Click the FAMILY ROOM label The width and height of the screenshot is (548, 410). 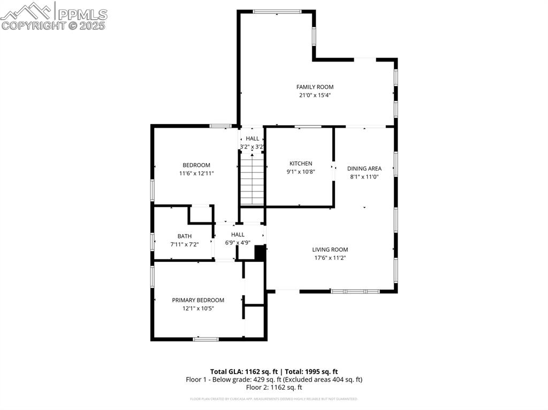tap(315, 87)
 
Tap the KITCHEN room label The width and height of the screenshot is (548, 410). tap(301, 164)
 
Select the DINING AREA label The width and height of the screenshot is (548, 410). tap(364, 168)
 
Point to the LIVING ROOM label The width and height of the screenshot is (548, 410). tap(330, 250)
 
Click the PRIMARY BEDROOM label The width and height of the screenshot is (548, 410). tap(198, 300)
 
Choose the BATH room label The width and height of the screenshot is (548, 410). tap(185, 236)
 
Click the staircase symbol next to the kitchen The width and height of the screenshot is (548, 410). tap(252, 179)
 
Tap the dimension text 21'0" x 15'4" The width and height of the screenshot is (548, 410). tap(315, 96)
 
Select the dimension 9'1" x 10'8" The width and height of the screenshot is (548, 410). tap(301, 172)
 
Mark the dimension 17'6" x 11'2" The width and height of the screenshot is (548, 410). tap(330, 258)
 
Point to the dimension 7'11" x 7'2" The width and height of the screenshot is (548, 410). tap(185, 244)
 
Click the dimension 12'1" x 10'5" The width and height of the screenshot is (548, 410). tap(198, 308)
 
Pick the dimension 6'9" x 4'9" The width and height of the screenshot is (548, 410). tap(238, 243)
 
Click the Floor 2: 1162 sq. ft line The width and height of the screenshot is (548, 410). tap(274, 388)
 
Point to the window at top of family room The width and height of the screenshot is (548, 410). tap(277, 11)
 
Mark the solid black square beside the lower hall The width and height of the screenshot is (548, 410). tap(260, 252)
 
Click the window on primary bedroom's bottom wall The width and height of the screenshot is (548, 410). tap(206, 338)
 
